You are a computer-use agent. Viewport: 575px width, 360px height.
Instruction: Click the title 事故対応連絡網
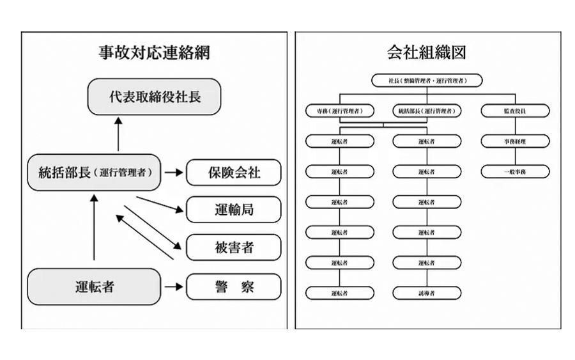point(153,52)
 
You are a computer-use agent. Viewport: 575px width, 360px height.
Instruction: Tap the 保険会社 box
point(233,173)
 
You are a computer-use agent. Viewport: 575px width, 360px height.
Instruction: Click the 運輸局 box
point(233,209)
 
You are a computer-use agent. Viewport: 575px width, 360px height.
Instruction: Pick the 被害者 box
point(233,247)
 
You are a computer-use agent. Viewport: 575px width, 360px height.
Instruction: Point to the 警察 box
point(233,286)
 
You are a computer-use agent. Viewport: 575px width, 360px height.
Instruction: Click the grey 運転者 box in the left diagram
point(94,286)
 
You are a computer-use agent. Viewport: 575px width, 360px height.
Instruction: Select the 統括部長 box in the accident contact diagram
point(93,173)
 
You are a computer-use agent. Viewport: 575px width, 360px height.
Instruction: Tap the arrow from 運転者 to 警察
point(172,286)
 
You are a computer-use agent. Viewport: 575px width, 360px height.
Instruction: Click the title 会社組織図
point(426,52)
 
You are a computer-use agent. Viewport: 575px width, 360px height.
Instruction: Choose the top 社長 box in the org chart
point(427,81)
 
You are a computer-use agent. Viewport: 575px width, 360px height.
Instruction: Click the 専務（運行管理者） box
point(339,111)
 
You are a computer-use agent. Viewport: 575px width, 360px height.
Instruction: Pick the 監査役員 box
point(515,111)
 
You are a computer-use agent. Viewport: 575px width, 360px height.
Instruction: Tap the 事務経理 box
point(515,141)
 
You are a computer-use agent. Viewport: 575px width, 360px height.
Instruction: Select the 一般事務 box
point(515,171)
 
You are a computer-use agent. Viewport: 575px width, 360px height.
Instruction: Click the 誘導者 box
point(427,293)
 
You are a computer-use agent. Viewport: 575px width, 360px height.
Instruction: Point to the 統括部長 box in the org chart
point(427,111)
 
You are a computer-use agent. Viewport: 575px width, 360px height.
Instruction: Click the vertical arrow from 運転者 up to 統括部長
point(94,227)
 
